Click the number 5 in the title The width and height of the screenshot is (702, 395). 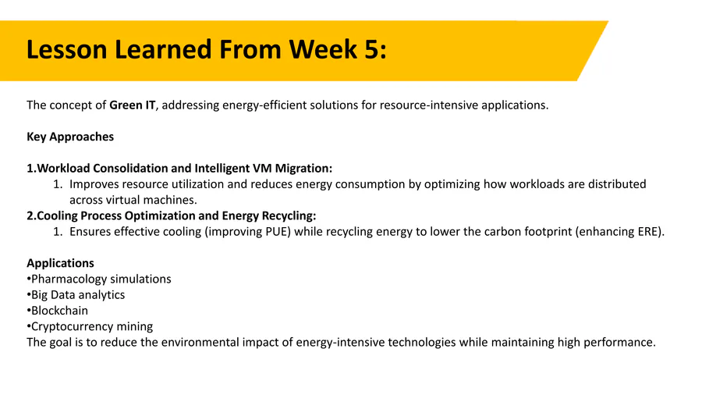pos(371,49)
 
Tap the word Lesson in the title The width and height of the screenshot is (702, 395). pos(67,49)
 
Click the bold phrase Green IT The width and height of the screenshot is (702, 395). pos(133,105)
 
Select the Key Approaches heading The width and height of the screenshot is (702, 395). pos(70,137)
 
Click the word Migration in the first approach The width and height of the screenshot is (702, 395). pos(302,169)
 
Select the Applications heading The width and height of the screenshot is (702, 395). pos(60,263)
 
